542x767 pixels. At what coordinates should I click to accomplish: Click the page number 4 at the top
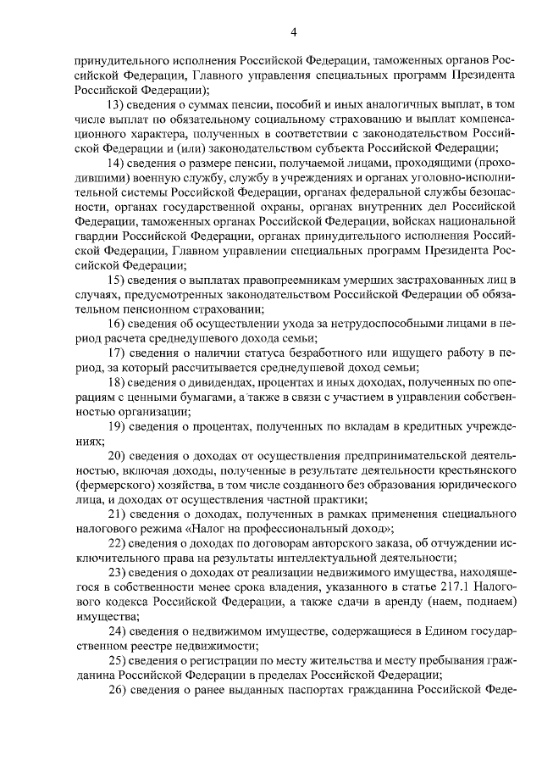[x=294, y=32]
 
